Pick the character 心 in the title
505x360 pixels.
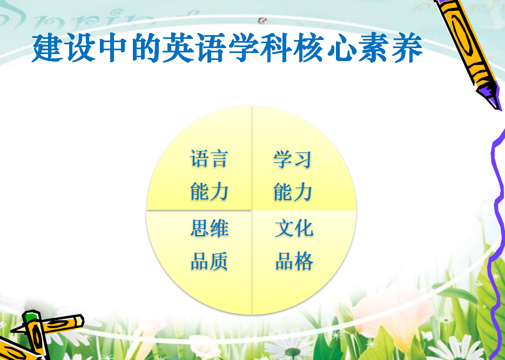pos(341,48)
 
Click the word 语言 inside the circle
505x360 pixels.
pos(210,158)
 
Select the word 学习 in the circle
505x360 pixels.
pos(292,159)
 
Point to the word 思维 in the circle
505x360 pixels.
pos(210,228)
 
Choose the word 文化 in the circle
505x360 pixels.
pos(294,228)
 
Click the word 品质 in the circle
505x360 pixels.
pos(210,261)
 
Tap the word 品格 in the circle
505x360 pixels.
pos(294,261)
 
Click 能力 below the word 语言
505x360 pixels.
pos(210,191)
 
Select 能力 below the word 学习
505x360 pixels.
pos(293,191)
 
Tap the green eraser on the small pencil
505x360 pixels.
pos(31,316)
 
